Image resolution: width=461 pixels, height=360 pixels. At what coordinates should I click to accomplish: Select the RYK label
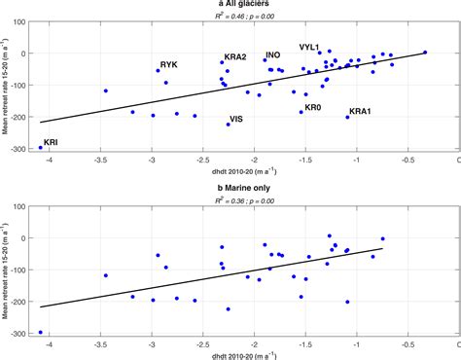(169, 65)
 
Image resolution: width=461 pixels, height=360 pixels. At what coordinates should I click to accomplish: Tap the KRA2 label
(236, 57)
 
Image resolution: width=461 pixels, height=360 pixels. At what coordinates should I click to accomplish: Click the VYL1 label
(309, 46)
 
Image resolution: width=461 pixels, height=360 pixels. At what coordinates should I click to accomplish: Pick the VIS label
(236, 119)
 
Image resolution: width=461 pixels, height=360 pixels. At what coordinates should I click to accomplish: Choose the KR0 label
(313, 107)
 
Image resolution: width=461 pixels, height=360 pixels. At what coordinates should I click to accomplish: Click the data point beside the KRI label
(40, 147)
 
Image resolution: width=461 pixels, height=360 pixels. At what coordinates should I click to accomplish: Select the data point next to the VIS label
(229, 125)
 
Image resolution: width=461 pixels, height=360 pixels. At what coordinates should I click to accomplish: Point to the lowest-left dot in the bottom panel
(40, 332)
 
